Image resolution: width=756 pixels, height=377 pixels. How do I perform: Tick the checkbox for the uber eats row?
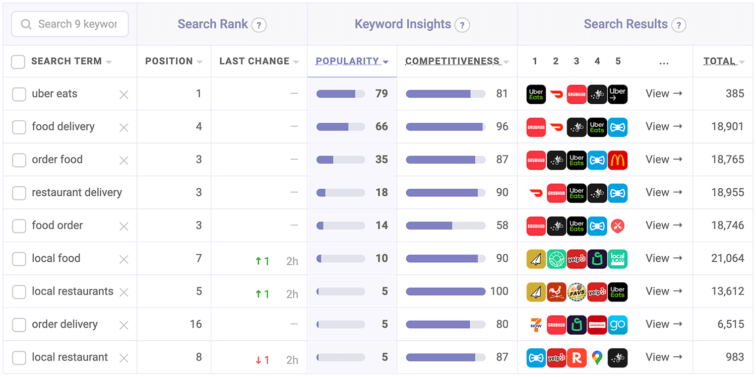(19, 94)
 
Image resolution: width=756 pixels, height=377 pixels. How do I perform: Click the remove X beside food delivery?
(123, 127)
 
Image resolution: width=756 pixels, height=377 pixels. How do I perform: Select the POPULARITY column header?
(347, 61)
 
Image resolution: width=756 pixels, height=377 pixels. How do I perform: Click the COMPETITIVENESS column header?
(452, 61)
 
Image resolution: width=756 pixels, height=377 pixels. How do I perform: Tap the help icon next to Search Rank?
(259, 25)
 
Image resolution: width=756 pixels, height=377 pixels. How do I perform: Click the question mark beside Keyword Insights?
(462, 25)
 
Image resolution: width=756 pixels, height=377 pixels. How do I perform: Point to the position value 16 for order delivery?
(196, 324)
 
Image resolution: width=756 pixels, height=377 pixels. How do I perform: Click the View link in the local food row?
(663, 258)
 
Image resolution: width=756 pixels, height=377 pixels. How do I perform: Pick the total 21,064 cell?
(727, 258)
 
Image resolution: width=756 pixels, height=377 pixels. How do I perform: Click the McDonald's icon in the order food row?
(617, 160)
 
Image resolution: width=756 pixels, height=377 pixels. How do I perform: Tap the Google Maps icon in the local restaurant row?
(597, 357)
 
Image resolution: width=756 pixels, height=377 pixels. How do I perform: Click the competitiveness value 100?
(499, 291)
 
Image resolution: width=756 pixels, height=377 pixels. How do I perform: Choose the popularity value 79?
(382, 94)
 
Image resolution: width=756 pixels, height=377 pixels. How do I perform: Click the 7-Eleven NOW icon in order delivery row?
(536, 325)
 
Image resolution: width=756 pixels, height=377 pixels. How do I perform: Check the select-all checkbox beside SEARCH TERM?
(18, 61)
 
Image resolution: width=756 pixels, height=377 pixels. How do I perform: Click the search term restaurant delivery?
(77, 192)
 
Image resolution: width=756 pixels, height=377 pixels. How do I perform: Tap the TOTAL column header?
(719, 61)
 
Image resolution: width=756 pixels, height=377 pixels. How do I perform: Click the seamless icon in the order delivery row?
(597, 325)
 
